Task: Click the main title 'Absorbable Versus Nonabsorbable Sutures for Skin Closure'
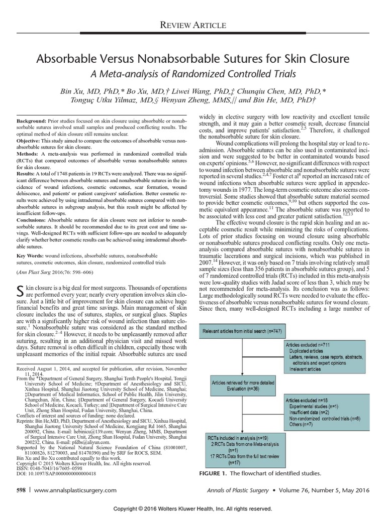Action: coord(193,59)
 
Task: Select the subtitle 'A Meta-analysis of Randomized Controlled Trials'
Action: coord(193,75)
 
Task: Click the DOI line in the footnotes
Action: coord(58,473)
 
